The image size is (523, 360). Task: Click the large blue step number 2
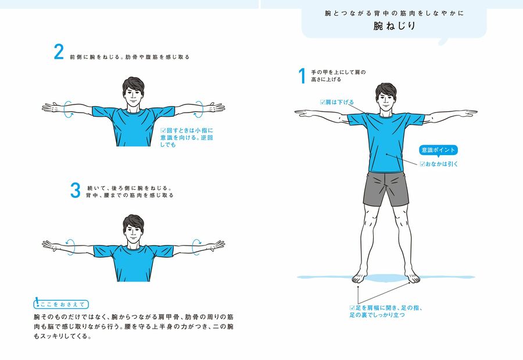(59, 52)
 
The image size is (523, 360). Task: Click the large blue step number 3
(76, 190)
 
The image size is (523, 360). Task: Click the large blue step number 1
(302, 75)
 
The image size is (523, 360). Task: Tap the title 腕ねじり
(394, 26)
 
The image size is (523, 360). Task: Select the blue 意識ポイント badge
(438, 150)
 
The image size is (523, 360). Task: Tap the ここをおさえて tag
(61, 304)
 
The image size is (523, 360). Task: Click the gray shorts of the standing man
(386, 188)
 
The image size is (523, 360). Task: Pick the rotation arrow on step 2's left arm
(69, 109)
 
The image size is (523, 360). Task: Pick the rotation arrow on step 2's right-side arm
(199, 109)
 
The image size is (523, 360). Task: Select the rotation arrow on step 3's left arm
(70, 247)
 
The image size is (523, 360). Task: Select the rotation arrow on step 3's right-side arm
(197, 247)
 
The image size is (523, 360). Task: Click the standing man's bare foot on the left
(360, 276)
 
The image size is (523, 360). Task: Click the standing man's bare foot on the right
(412, 276)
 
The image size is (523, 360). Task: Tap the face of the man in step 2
(133, 96)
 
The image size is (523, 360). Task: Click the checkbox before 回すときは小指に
(163, 130)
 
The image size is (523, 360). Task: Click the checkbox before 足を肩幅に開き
(352, 308)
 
